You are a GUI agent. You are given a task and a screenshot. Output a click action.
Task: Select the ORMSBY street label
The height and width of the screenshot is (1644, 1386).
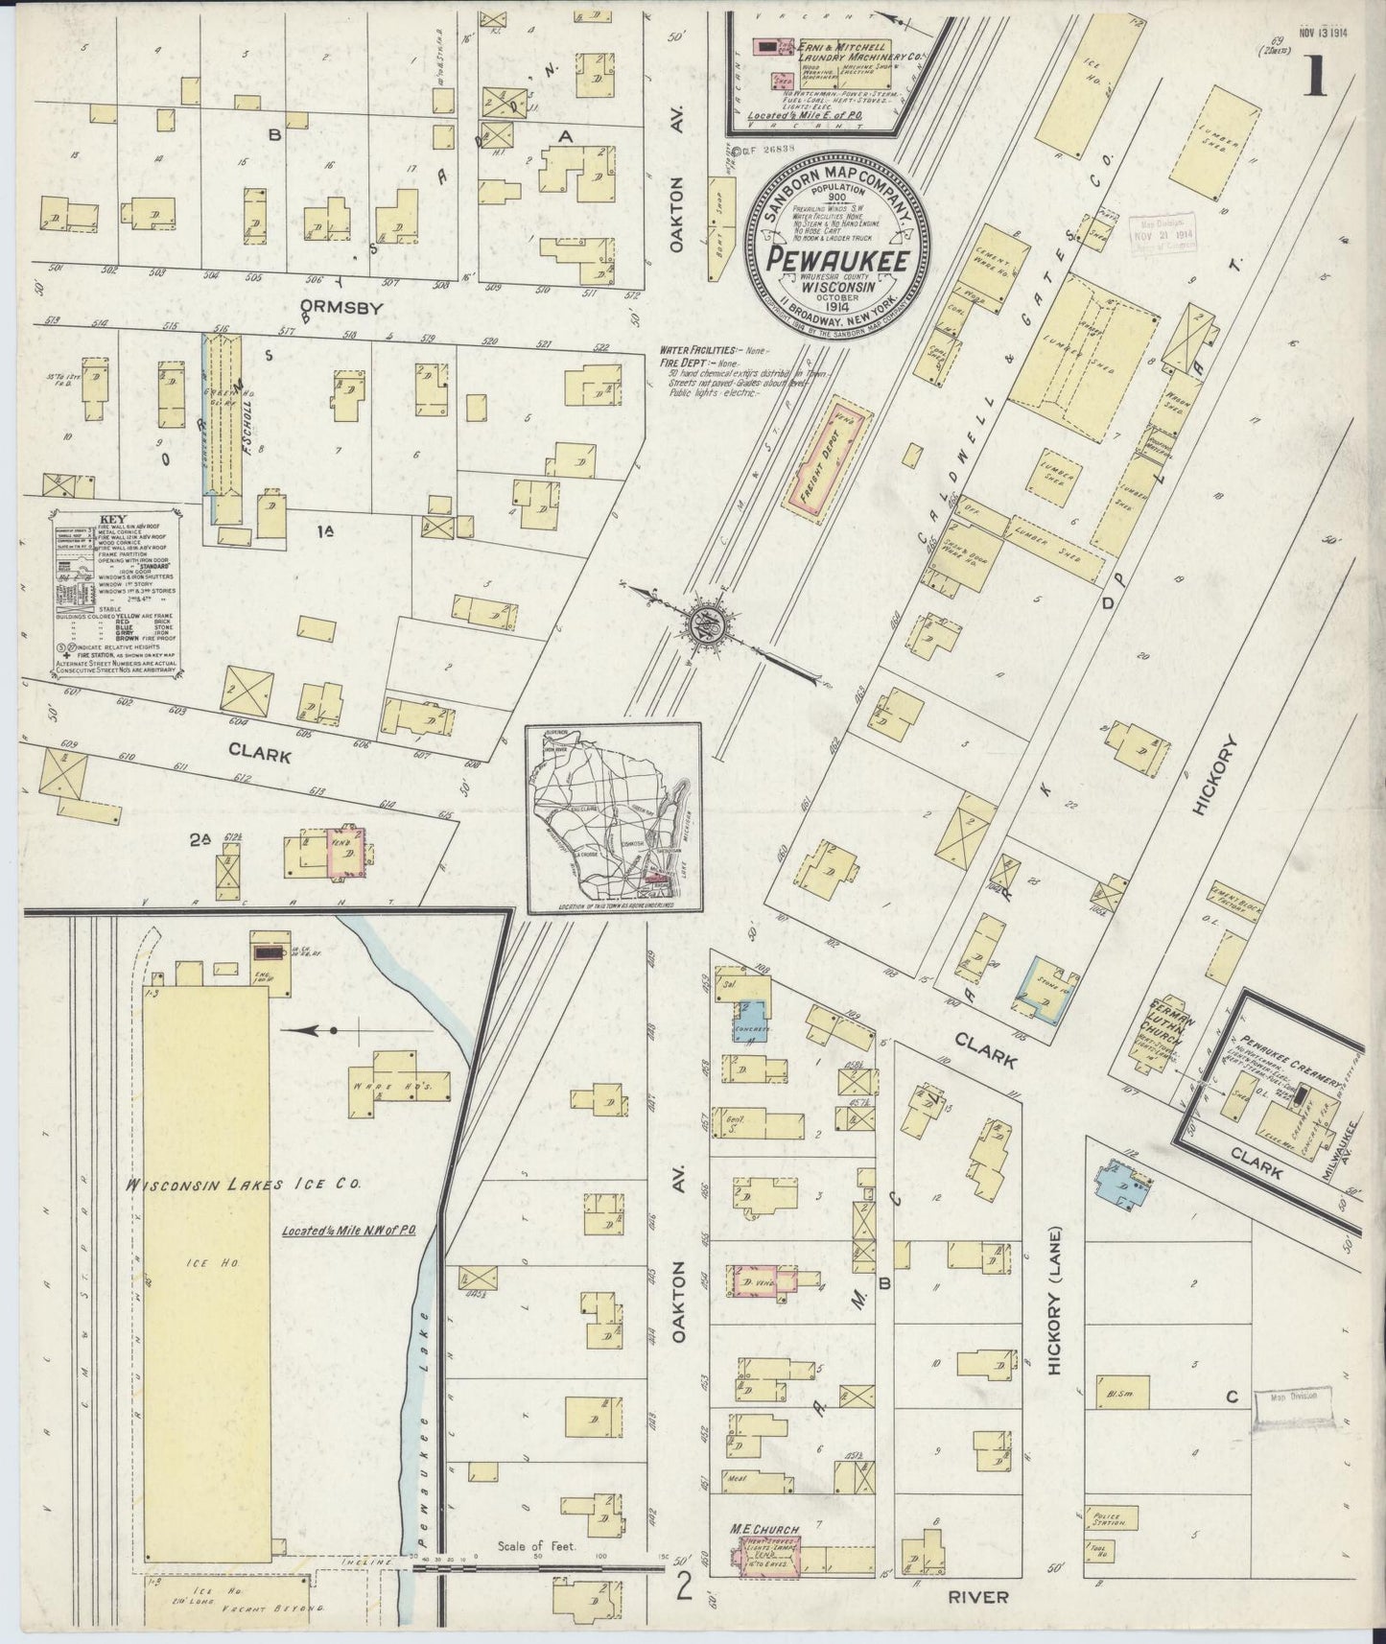[x=341, y=309]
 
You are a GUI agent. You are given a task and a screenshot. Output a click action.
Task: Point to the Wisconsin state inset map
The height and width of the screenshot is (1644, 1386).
[x=614, y=817]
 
